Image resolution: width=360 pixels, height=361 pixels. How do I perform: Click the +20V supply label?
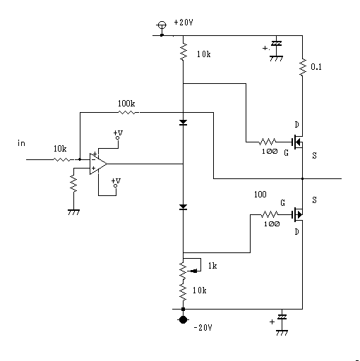click(184, 23)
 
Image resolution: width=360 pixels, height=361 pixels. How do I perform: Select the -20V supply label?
click(203, 327)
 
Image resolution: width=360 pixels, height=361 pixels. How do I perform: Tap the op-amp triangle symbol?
click(98, 164)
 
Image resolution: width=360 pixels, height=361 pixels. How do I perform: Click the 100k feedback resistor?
click(127, 113)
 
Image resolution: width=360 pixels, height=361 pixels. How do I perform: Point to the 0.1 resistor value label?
click(316, 67)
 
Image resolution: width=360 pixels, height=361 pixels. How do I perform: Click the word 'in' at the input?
click(21, 143)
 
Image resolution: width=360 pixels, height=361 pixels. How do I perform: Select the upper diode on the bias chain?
click(183, 123)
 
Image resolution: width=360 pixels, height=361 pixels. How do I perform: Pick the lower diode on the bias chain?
click(183, 207)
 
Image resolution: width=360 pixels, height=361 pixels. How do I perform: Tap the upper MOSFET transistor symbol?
click(297, 142)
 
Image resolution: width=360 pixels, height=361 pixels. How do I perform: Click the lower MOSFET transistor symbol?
click(297, 214)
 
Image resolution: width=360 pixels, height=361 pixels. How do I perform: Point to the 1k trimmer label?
click(212, 266)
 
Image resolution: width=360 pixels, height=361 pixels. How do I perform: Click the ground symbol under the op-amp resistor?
click(73, 212)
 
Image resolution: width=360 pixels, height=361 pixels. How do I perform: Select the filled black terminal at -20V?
click(183, 319)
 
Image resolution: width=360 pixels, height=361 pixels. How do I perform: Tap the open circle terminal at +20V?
click(162, 25)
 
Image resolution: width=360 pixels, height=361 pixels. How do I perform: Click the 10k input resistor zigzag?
click(61, 159)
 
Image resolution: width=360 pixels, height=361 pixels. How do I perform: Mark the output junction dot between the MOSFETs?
click(303, 178)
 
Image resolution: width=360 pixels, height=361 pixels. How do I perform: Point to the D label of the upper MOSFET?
click(297, 125)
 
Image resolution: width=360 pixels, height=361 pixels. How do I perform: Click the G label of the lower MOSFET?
click(282, 203)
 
